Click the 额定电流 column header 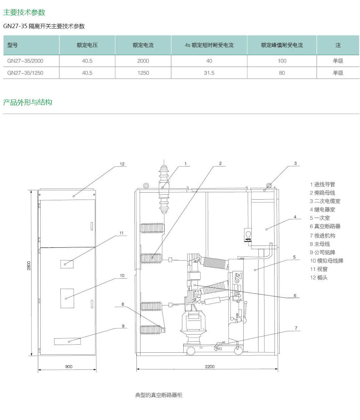pyautogui.click(x=143, y=45)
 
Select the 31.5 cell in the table pyautogui.click(x=209, y=73)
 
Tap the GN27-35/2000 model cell pyautogui.click(x=25, y=61)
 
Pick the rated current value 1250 pyautogui.click(x=143, y=73)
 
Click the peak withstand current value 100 pyautogui.click(x=282, y=61)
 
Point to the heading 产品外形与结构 pyautogui.click(x=28, y=102)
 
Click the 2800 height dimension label pyautogui.click(x=29, y=266)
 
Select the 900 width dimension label pyautogui.click(x=69, y=366)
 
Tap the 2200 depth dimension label pyautogui.click(x=210, y=366)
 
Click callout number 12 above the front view pyautogui.click(x=122, y=164)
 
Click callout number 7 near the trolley pyautogui.click(x=296, y=328)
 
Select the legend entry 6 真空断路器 pyautogui.click(x=325, y=226)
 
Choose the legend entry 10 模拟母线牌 pyautogui.click(x=326, y=261)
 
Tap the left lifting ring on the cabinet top pyautogui.click(x=146, y=186)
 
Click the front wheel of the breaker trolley pyautogui.click(x=191, y=351)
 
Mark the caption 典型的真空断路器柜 pyautogui.click(x=159, y=395)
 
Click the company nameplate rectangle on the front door pyautogui.click(x=67, y=341)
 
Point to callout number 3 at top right pyautogui.click(x=295, y=163)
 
